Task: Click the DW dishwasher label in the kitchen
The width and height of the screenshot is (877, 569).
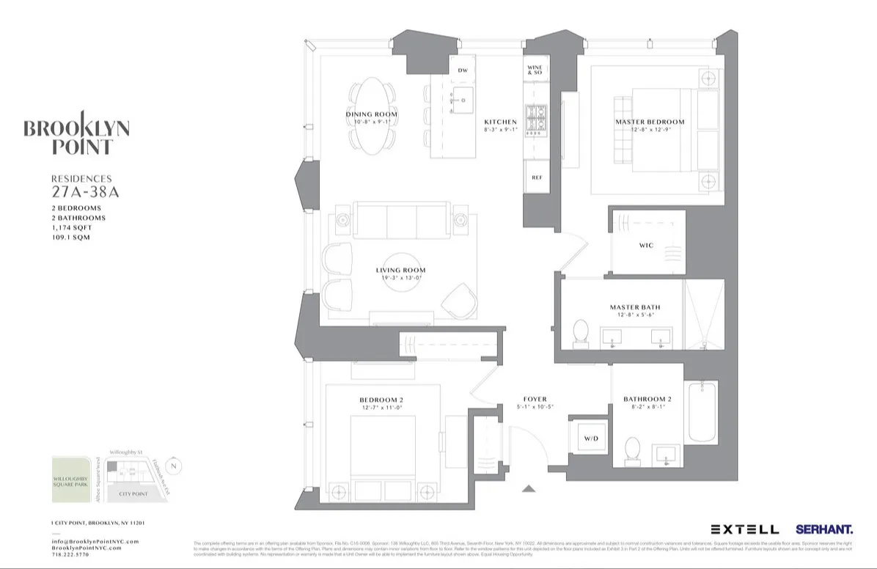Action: [463, 70]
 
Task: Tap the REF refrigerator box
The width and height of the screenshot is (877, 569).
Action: [537, 177]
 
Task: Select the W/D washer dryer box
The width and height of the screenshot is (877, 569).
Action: [590, 438]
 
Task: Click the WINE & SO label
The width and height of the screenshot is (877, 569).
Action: [535, 70]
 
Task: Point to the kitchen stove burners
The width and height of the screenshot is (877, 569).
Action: [537, 120]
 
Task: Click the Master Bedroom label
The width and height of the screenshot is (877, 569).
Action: [650, 122]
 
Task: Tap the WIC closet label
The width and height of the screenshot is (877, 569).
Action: [646, 245]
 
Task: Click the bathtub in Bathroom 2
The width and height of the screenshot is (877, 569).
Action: [702, 412]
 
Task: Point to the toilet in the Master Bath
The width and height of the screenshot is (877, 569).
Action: [581, 332]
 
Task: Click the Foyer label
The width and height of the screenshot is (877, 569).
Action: [535, 400]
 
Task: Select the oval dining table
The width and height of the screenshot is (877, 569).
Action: [373, 116]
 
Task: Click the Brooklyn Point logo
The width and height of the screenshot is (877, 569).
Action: [76, 134]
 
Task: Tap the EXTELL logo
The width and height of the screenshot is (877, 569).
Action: [744, 529]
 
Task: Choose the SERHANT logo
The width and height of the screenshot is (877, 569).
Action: [824, 529]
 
